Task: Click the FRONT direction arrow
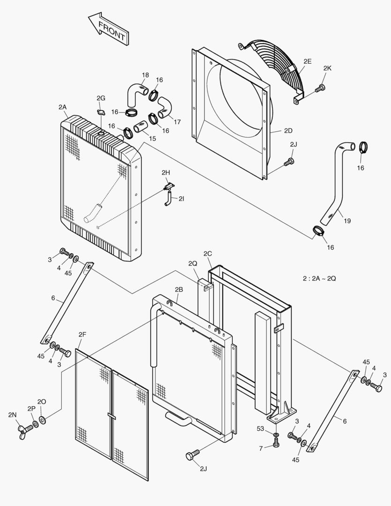tap(108, 30)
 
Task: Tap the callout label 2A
tap(63, 107)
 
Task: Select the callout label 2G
tap(101, 98)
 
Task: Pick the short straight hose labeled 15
tap(141, 127)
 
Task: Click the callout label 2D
tap(288, 131)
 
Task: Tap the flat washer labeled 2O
tap(43, 418)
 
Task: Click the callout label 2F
tap(82, 334)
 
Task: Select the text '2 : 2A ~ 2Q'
tap(319, 278)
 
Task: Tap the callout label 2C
tap(207, 253)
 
